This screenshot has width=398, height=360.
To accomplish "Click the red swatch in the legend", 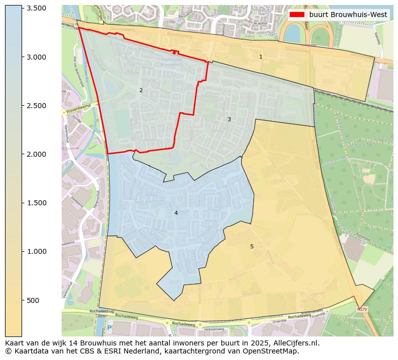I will click(x=297, y=15).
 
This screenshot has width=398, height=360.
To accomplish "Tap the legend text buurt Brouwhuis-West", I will click(x=348, y=15).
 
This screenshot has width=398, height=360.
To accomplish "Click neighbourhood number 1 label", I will click(x=261, y=57).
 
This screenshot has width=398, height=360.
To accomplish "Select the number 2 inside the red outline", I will click(x=141, y=90).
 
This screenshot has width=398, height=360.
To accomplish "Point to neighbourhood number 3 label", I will click(x=229, y=119).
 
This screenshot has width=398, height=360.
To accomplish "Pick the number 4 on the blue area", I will click(x=176, y=213).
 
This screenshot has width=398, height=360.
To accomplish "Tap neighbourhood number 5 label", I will click(x=252, y=246).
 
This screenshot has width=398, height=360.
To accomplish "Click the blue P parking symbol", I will click(x=109, y=328).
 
